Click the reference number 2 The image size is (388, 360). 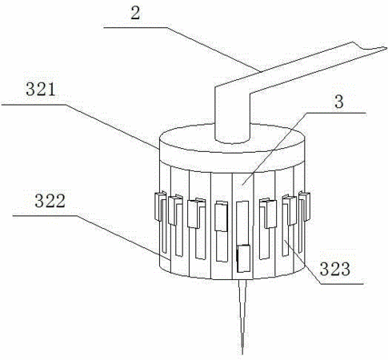click(135, 14)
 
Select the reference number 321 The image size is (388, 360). click(41, 90)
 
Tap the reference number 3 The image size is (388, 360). click(338, 102)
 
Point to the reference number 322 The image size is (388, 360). click(50, 201)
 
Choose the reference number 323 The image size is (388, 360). click(335, 269)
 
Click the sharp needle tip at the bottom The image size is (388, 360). click(242, 354)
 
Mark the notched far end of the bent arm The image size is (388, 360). click(384, 48)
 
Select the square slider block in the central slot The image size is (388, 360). click(244, 258)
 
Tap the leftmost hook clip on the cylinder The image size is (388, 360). click(160, 206)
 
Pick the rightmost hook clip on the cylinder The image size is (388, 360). click(304, 206)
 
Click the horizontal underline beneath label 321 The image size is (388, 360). click(34, 105)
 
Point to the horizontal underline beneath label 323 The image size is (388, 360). click(342, 284)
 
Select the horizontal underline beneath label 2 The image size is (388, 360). click(136, 27)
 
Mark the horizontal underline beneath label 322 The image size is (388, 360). click(46, 215)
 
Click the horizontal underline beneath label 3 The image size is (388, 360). click(336, 113)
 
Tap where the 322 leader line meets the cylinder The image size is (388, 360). click(170, 259)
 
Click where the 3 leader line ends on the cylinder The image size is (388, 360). click(242, 184)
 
